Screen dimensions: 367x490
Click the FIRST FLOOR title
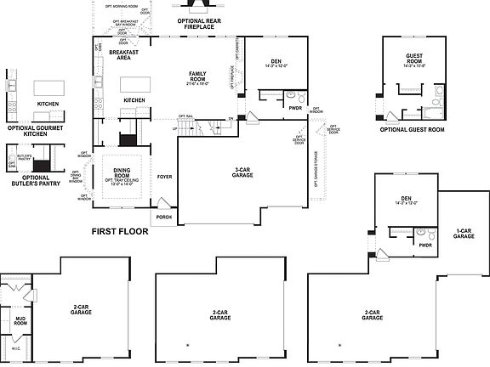coord(119,231)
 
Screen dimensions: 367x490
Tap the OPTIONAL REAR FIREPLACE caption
coord(196,23)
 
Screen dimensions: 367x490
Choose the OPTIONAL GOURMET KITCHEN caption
coord(35,131)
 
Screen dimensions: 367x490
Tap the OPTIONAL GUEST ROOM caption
coord(412,129)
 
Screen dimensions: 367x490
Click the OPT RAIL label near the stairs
coord(186,116)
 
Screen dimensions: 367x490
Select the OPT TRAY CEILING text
coord(122,179)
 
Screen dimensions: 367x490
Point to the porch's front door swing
coord(162,205)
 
